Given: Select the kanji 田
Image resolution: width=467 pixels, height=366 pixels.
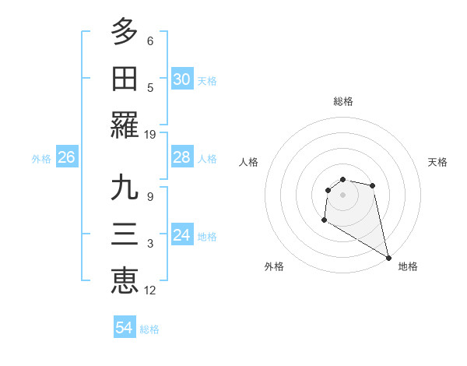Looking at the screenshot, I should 125,79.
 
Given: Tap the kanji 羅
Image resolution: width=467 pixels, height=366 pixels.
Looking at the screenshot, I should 125,126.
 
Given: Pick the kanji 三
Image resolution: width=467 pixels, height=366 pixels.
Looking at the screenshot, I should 125,235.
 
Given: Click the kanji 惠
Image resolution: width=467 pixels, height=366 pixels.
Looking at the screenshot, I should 125,281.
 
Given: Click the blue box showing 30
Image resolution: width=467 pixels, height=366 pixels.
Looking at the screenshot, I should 182,79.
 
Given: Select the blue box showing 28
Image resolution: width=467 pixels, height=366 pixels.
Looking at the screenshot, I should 182,158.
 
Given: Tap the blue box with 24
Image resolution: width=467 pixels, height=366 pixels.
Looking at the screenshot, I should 182,236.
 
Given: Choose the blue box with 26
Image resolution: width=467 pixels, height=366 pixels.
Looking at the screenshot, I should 66,158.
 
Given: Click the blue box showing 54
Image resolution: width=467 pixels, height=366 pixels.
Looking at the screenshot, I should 125,329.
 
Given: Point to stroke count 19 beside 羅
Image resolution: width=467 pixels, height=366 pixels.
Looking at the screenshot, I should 151,135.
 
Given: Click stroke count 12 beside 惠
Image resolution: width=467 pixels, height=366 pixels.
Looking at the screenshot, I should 151,290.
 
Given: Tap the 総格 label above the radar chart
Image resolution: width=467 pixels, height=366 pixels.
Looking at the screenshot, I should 343,101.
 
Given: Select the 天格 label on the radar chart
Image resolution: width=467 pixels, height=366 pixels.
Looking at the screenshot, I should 437,162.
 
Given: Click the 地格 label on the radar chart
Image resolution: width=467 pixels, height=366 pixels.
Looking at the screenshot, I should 408,266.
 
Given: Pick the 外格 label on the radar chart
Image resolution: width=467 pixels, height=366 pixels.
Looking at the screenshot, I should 274,266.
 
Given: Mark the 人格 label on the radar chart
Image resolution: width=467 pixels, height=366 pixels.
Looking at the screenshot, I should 249,162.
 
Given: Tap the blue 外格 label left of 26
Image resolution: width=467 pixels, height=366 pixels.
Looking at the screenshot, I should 41,159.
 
